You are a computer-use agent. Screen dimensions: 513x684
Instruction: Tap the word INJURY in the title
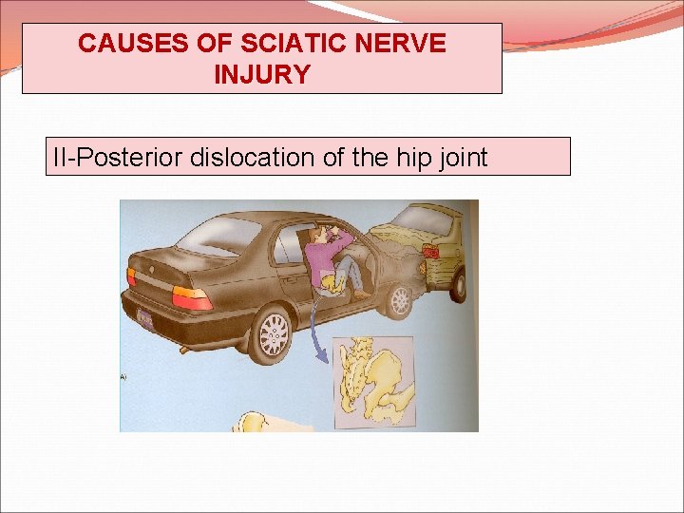pos(262,74)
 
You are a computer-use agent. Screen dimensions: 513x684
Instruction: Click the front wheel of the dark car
pos(400,300)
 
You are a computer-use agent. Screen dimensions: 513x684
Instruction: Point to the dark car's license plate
pos(145,318)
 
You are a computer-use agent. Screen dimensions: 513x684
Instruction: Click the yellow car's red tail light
pos(430,252)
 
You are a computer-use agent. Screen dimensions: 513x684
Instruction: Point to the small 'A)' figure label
pos(124,376)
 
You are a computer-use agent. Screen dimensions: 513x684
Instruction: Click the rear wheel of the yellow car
pos(460,285)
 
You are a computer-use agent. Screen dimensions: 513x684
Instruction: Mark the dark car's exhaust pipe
pos(184,349)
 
